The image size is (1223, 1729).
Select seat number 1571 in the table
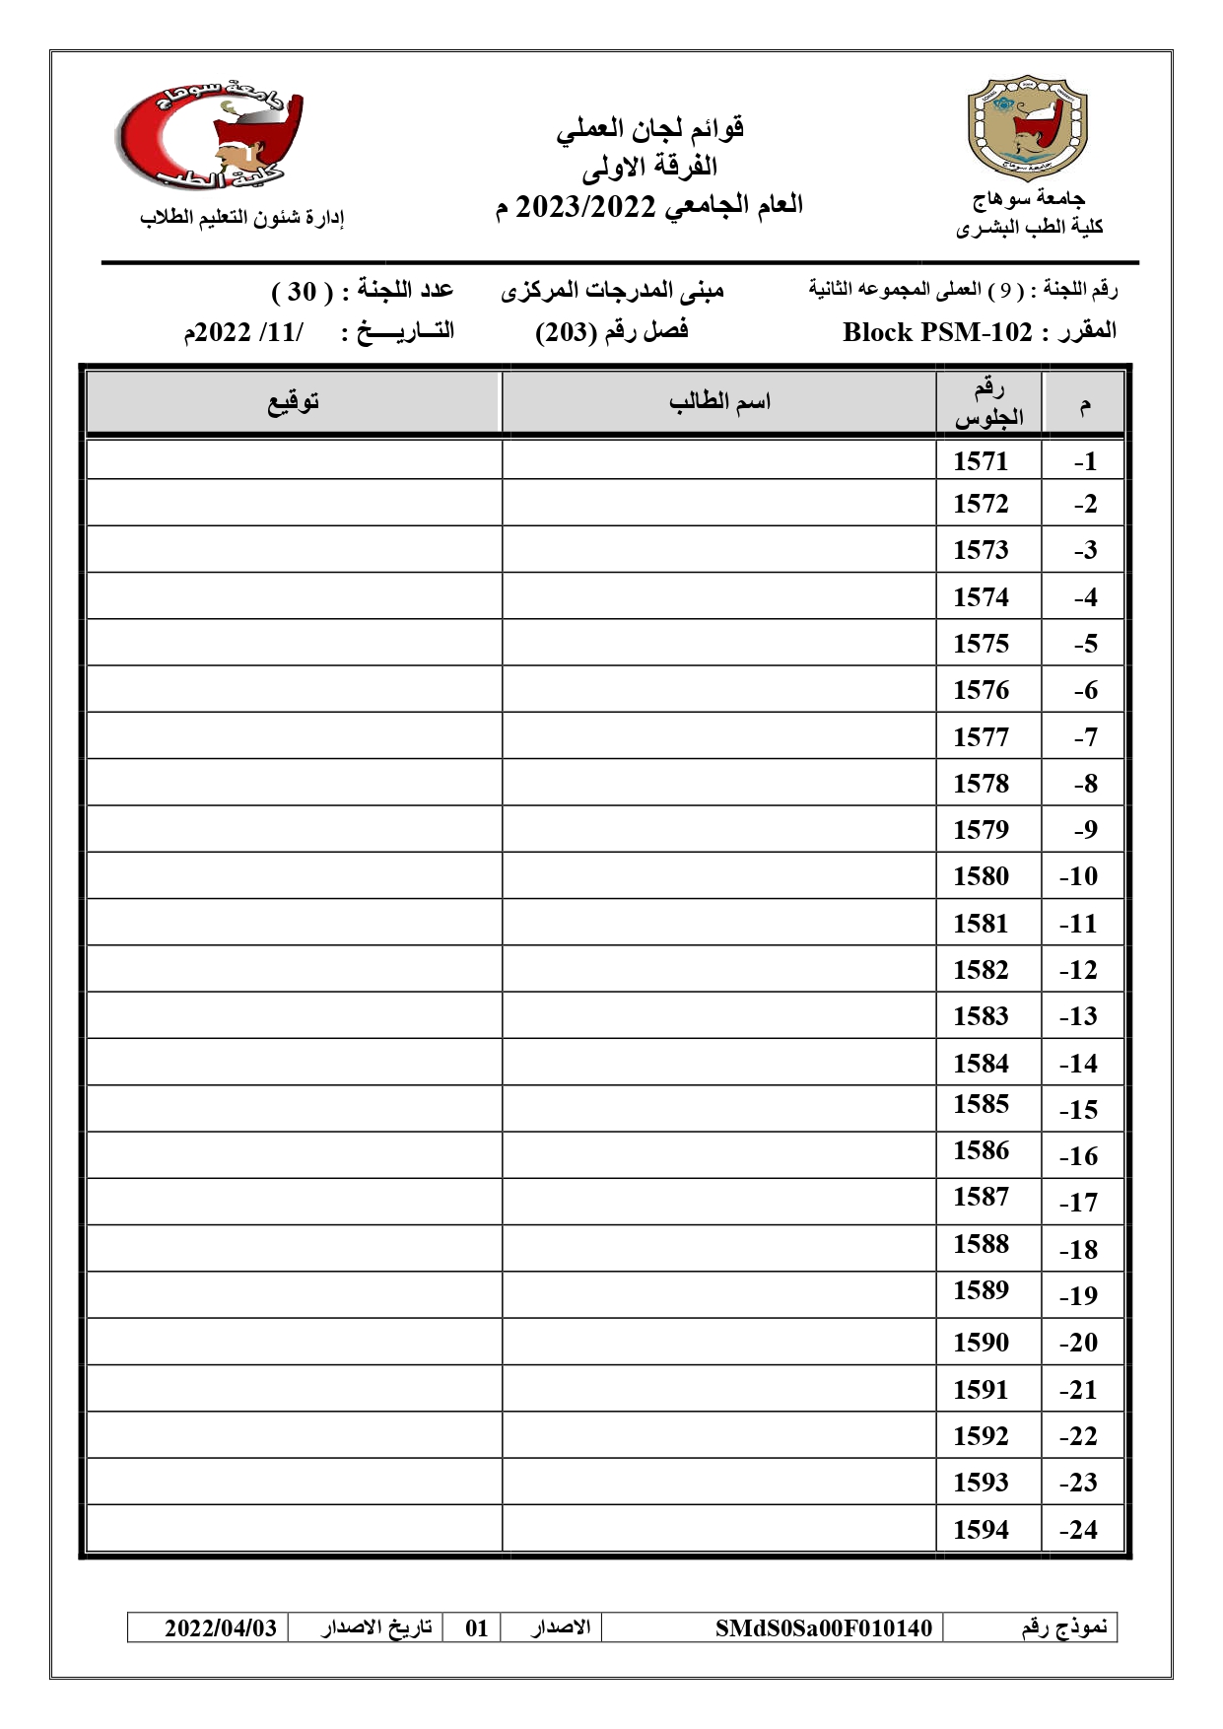click(x=981, y=461)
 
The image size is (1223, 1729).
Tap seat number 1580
click(x=981, y=876)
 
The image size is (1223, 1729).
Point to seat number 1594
click(x=981, y=1530)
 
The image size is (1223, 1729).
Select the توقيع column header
click(x=294, y=402)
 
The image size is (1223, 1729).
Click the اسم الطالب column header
click(x=719, y=402)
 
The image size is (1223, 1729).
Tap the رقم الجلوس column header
click(x=988, y=403)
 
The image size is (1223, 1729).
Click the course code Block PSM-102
click(x=936, y=332)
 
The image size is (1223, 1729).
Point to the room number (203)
click(x=567, y=332)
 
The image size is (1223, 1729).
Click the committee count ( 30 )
click(x=302, y=292)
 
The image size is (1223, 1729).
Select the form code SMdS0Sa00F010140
click(x=823, y=1627)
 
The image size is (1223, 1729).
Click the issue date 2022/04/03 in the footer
click(x=221, y=1627)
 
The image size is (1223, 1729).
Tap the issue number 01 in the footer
click(x=477, y=1627)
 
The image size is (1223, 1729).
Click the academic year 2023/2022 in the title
click(x=585, y=206)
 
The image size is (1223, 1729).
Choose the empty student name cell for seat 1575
click(x=718, y=643)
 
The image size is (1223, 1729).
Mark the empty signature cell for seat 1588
click(x=294, y=1247)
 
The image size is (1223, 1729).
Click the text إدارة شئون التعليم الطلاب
click(x=242, y=218)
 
